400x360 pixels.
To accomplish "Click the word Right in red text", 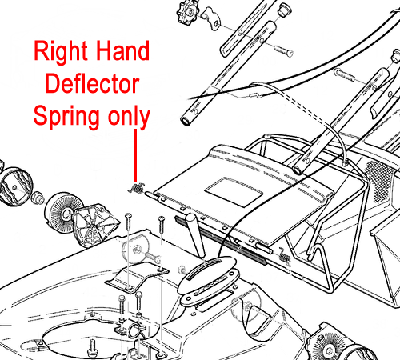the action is [x=61, y=52].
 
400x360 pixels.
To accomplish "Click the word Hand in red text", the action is [x=122, y=50].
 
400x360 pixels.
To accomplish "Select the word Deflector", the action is [x=92, y=83].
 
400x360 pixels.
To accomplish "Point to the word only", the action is [x=129, y=117].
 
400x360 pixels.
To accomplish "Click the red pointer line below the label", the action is [x=136, y=155].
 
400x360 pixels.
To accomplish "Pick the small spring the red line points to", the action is [x=137, y=188].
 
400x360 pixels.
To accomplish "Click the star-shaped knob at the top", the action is [x=187, y=13].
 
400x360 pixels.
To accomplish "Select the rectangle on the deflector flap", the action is [x=234, y=191].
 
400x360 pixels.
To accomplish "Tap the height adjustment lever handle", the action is [x=195, y=234].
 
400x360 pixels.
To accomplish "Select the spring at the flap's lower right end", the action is [x=285, y=257].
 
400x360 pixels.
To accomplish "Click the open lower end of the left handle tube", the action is [x=186, y=121].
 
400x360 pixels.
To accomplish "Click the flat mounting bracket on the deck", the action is [x=137, y=278].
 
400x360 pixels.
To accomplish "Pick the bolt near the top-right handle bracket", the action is [x=345, y=74].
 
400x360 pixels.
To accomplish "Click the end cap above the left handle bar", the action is [x=284, y=10].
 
